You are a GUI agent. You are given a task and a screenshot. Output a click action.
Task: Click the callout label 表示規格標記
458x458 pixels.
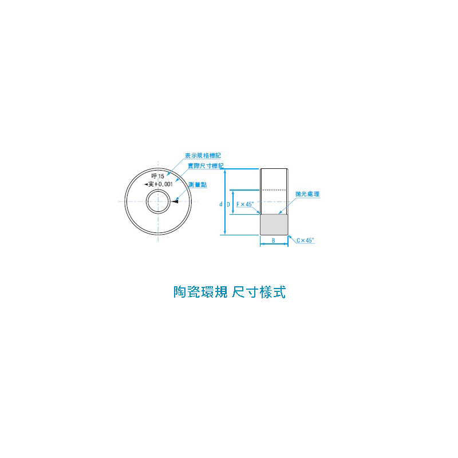pos(203,156)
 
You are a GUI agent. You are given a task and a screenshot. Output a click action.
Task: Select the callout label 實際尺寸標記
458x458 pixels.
pos(206,166)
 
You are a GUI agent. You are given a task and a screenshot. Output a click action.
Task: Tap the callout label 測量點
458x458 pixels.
pos(198,184)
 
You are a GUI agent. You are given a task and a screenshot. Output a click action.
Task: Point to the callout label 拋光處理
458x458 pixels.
pos(307,194)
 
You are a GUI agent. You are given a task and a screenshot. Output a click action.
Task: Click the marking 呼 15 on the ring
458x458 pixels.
pos(158,176)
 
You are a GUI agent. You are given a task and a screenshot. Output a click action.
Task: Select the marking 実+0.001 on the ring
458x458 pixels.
pos(161,184)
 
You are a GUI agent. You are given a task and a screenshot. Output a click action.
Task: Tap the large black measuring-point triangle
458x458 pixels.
pos(175,202)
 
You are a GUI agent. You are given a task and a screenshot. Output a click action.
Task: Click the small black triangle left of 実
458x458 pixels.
pos(146,184)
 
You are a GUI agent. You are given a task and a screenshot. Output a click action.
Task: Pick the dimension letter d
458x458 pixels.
pos(221,204)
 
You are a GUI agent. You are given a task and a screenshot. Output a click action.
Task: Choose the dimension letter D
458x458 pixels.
pos(228,204)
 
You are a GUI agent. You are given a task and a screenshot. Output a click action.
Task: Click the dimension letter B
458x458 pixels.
pos(274,240)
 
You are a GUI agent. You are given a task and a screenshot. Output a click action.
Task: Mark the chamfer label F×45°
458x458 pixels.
pos(245,204)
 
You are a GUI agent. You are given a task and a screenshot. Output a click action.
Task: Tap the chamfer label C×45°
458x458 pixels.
pos(305,240)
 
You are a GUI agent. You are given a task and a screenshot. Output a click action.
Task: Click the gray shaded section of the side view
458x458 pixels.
pos(274,224)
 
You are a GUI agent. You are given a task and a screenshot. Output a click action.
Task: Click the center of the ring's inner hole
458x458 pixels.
pos(158,202)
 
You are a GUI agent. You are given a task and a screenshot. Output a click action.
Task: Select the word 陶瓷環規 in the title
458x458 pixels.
pos(200,292)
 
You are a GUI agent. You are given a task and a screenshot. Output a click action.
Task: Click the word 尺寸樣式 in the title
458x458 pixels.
pos(259,292)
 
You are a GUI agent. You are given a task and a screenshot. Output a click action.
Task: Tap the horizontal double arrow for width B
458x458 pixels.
pos(274,244)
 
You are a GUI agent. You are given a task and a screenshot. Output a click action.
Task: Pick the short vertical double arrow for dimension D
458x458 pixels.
pos(233,202)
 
